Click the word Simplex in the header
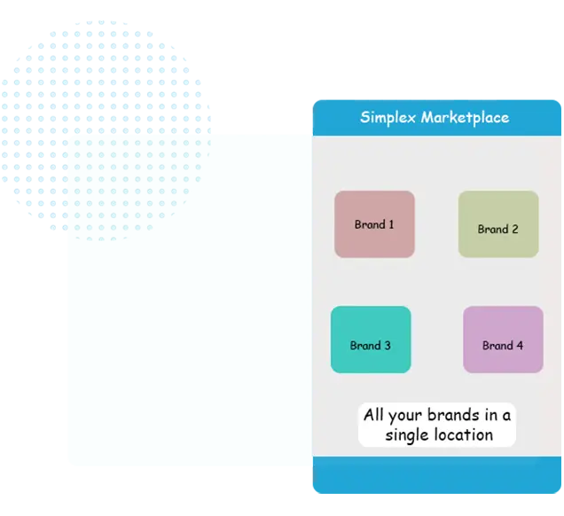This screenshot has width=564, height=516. coord(388,118)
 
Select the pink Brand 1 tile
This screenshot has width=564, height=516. coord(374,224)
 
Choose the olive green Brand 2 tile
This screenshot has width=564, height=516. coord(497,224)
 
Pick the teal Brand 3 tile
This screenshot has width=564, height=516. coord(371,340)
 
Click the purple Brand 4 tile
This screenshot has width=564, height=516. coord(503,340)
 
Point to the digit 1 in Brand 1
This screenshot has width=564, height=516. coord(390,224)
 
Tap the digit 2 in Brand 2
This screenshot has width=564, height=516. coord(514,229)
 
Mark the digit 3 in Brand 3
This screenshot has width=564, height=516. coord(387,346)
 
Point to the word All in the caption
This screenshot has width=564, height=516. coord(373,415)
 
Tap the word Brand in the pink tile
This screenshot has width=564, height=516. coord(369,224)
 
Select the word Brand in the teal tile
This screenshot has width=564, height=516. coord(365,346)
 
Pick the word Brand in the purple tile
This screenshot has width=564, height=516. coord(497,346)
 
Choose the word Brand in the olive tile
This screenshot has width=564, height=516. coord(492,229)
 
